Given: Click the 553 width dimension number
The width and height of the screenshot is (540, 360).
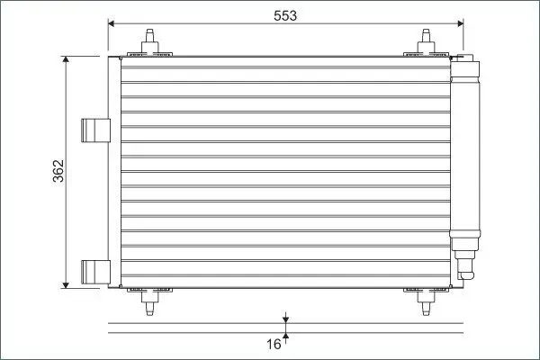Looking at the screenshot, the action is [x=285, y=15].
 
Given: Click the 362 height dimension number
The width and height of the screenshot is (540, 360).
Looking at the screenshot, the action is [x=58, y=171].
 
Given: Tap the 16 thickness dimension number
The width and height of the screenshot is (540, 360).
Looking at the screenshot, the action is [x=274, y=344].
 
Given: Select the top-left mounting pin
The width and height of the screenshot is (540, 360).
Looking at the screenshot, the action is [x=149, y=41].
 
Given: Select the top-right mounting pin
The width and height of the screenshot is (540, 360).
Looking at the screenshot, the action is [x=426, y=41].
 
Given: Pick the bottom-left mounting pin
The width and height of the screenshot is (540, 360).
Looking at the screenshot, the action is [x=149, y=302].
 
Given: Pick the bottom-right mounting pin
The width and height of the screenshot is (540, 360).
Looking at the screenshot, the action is [x=426, y=302].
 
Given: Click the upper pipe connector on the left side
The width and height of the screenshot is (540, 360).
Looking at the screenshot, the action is [x=95, y=130].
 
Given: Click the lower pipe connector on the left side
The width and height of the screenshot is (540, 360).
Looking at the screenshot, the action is [x=95, y=272].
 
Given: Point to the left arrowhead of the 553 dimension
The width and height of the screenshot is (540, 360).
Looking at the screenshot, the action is [x=112, y=23].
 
